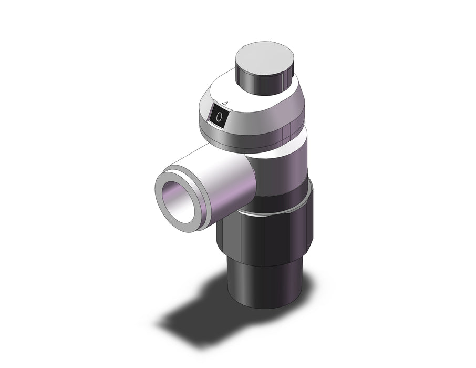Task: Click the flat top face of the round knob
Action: [x=265, y=58]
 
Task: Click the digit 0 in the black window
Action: [x=219, y=117]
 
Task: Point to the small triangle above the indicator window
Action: [x=225, y=104]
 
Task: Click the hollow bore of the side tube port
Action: [x=178, y=201]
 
